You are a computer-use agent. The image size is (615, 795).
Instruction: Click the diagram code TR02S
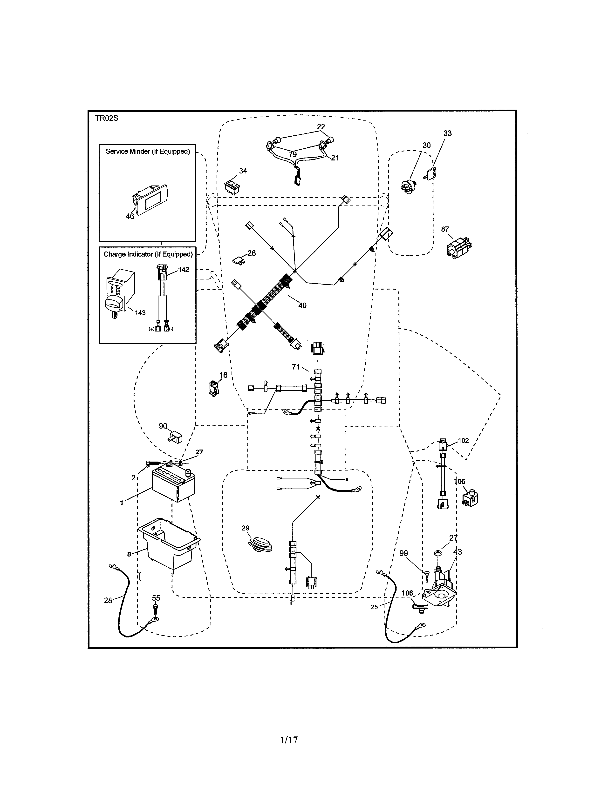point(107,118)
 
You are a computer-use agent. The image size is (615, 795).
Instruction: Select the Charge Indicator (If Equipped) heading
point(148,254)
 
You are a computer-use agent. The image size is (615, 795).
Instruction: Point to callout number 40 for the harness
point(302,306)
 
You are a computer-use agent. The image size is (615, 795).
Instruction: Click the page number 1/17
point(289,740)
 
